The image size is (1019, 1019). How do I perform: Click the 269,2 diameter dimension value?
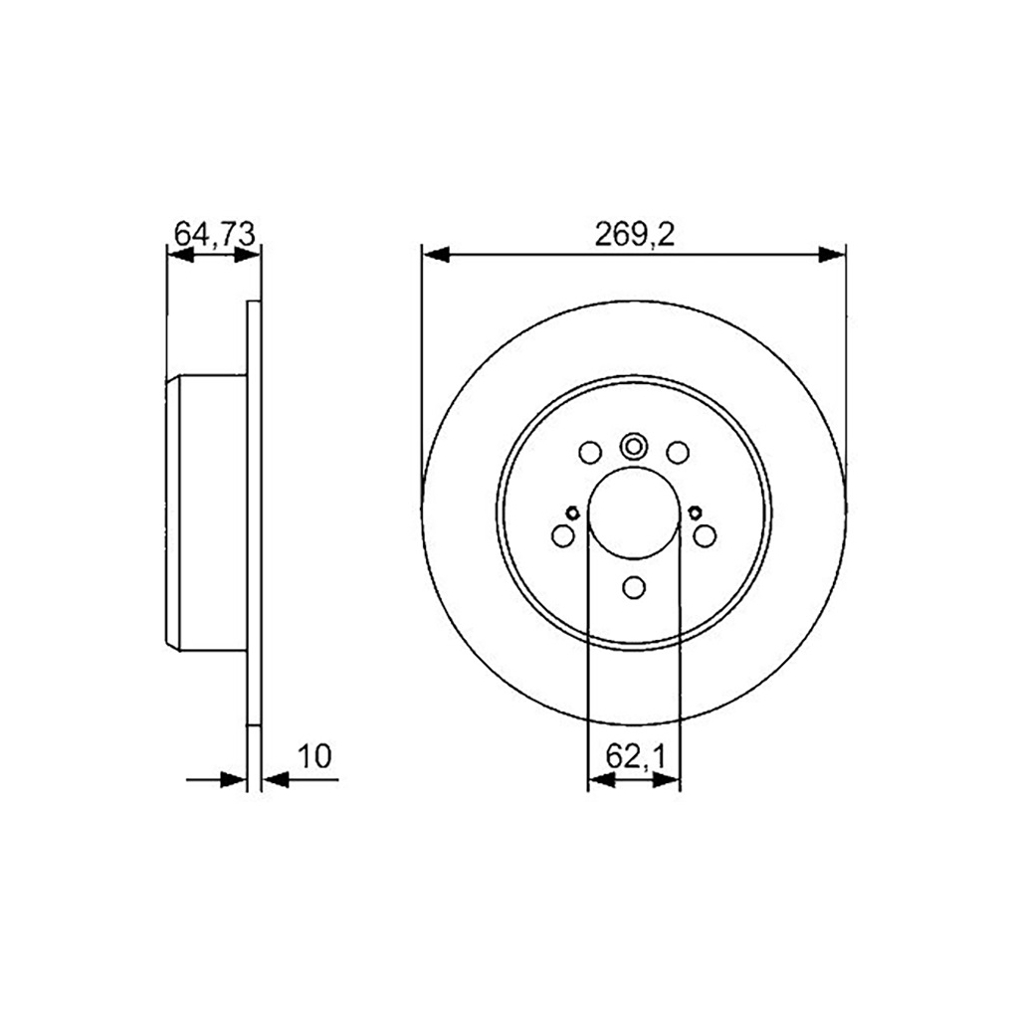click(x=635, y=234)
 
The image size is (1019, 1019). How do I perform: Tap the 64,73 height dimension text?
click(x=216, y=234)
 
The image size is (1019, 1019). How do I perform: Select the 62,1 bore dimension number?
click(x=635, y=757)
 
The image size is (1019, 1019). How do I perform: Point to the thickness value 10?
click(x=314, y=756)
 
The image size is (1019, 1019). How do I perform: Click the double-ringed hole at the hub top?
click(x=634, y=446)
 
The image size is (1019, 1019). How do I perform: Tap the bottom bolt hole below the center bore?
click(x=634, y=588)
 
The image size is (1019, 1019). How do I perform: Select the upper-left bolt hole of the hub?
click(x=590, y=453)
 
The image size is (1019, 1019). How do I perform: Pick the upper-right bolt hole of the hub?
click(x=678, y=453)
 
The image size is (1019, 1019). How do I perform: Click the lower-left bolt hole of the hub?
click(x=562, y=536)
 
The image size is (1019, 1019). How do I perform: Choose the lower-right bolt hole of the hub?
click(x=705, y=536)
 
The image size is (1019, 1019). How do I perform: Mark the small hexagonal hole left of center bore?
click(x=572, y=513)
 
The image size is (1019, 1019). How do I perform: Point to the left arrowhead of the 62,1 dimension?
click(x=600, y=781)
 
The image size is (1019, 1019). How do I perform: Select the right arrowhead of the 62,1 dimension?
click(x=668, y=781)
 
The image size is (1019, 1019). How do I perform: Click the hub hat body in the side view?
click(x=209, y=512)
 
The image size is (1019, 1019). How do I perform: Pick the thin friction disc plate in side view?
click(x=253, y=512)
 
